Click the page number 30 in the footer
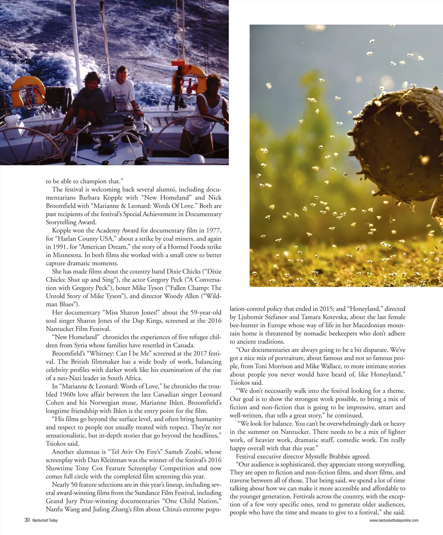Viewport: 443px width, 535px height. (x=27, y=520)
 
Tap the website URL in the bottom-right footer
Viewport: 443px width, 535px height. (x=394, y=521)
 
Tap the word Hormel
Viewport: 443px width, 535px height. (x=180, y=247)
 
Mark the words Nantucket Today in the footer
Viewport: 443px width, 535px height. (x=45, y=521)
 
